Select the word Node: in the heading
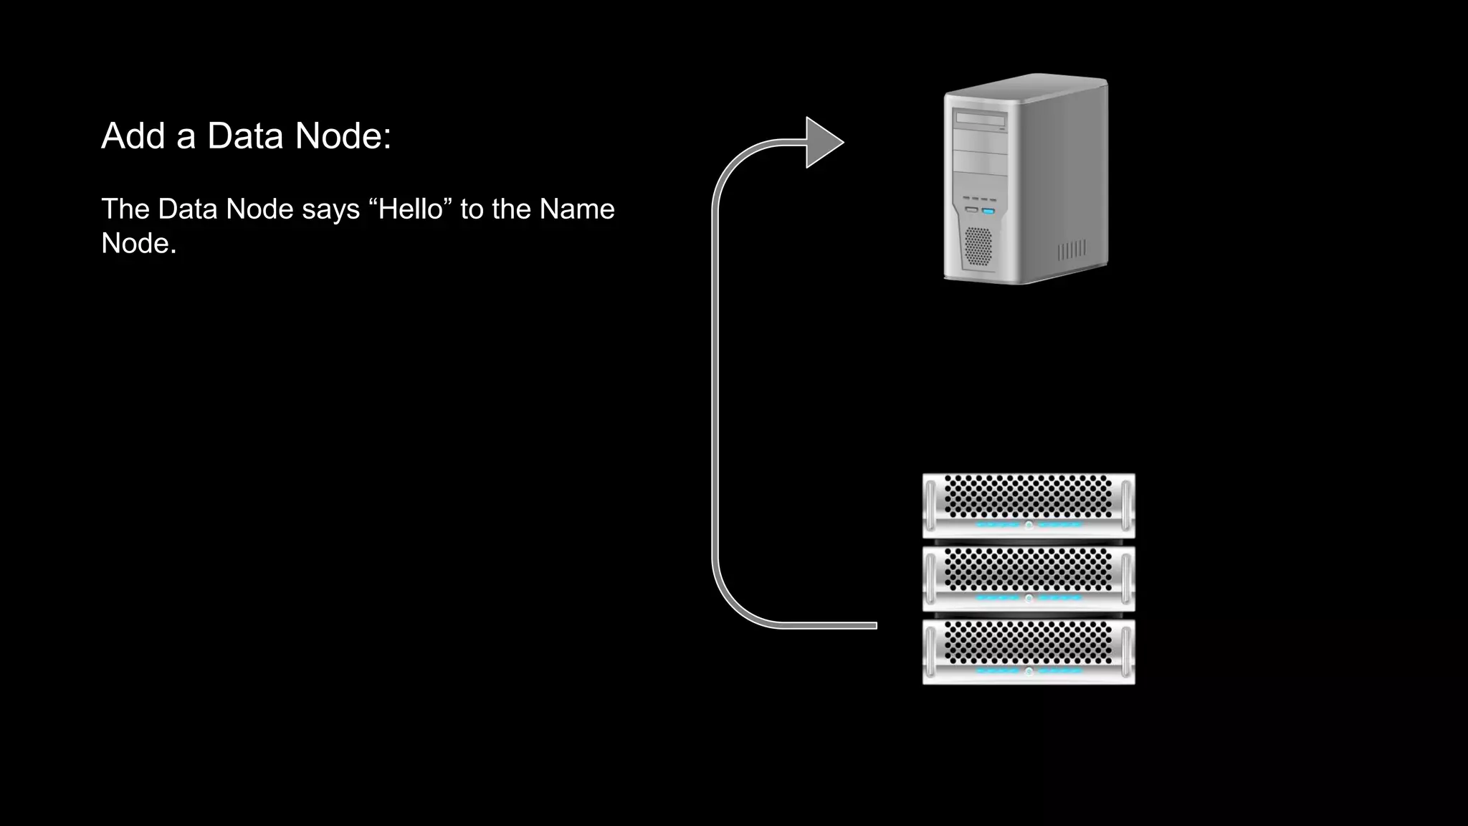tap(343, 136)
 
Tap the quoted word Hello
tap(410, 209)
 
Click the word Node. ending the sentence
tap(138, 243)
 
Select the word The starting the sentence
tap(125, 209)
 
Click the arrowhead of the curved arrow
tap(824, 143)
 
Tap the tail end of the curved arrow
tap(871, 625)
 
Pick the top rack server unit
tap(1029, 505)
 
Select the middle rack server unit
tap(1029, 579)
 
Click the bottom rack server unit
tap(1029, 652)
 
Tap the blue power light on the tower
tap(988, 212)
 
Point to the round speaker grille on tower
tap(978, 246)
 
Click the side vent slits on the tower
tap(1072, 250)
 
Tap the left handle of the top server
tap(930, 505)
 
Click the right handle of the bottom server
tap(1126, 652)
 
